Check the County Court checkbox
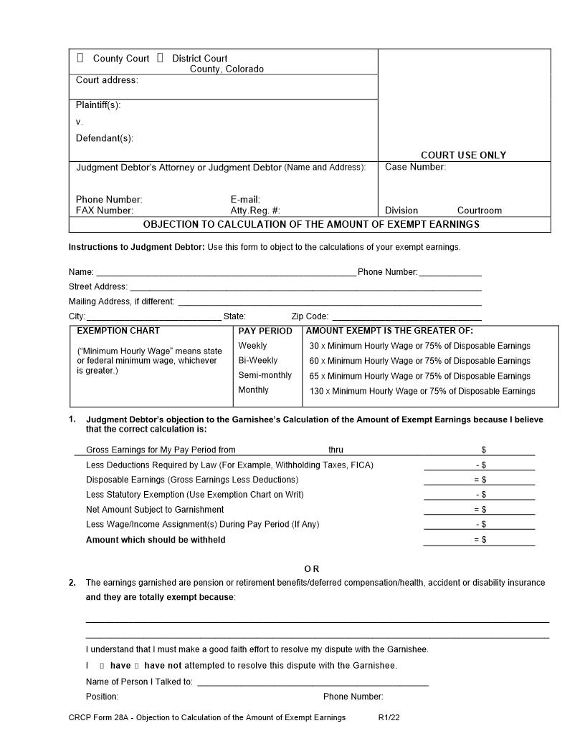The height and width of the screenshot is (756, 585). [x=80, y=58]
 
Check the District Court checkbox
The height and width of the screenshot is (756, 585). [x=160, y=58]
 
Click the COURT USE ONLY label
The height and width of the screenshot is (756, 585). [x=463, y=155]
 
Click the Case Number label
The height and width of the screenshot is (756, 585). [x=415, y=167]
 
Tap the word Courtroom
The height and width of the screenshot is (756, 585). [x=480, y=210]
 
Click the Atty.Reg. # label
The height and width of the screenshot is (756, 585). [x=255, y=210]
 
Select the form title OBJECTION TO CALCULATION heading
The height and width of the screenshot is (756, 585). [x=310, y=224]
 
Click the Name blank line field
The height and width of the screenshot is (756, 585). [x=226, y=272]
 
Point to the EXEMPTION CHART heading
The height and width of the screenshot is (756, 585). [x=118, y=331]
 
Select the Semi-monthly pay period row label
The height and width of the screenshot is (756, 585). [x=265, y=375]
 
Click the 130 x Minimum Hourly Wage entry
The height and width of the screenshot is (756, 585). [x=422, y=391]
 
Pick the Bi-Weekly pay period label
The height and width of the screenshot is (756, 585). [x=257, y=360]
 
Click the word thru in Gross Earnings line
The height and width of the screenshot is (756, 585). [x=336, y=450]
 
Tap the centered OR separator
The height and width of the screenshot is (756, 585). [x=312, y=568]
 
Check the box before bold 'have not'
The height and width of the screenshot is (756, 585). [x=137, y=666]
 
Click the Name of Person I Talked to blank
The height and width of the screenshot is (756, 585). [x=313, y=682]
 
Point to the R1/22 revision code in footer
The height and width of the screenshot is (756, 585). [x=389, y=717]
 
